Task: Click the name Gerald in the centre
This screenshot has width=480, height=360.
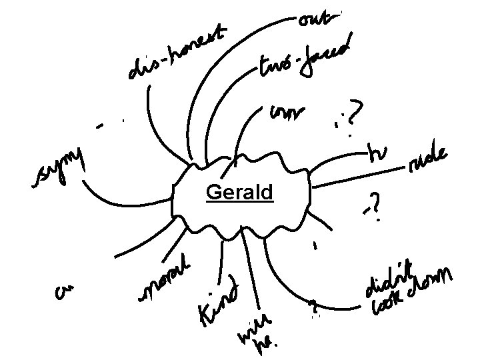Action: (239, 193)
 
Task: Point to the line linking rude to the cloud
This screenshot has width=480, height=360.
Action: (360, 174)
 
